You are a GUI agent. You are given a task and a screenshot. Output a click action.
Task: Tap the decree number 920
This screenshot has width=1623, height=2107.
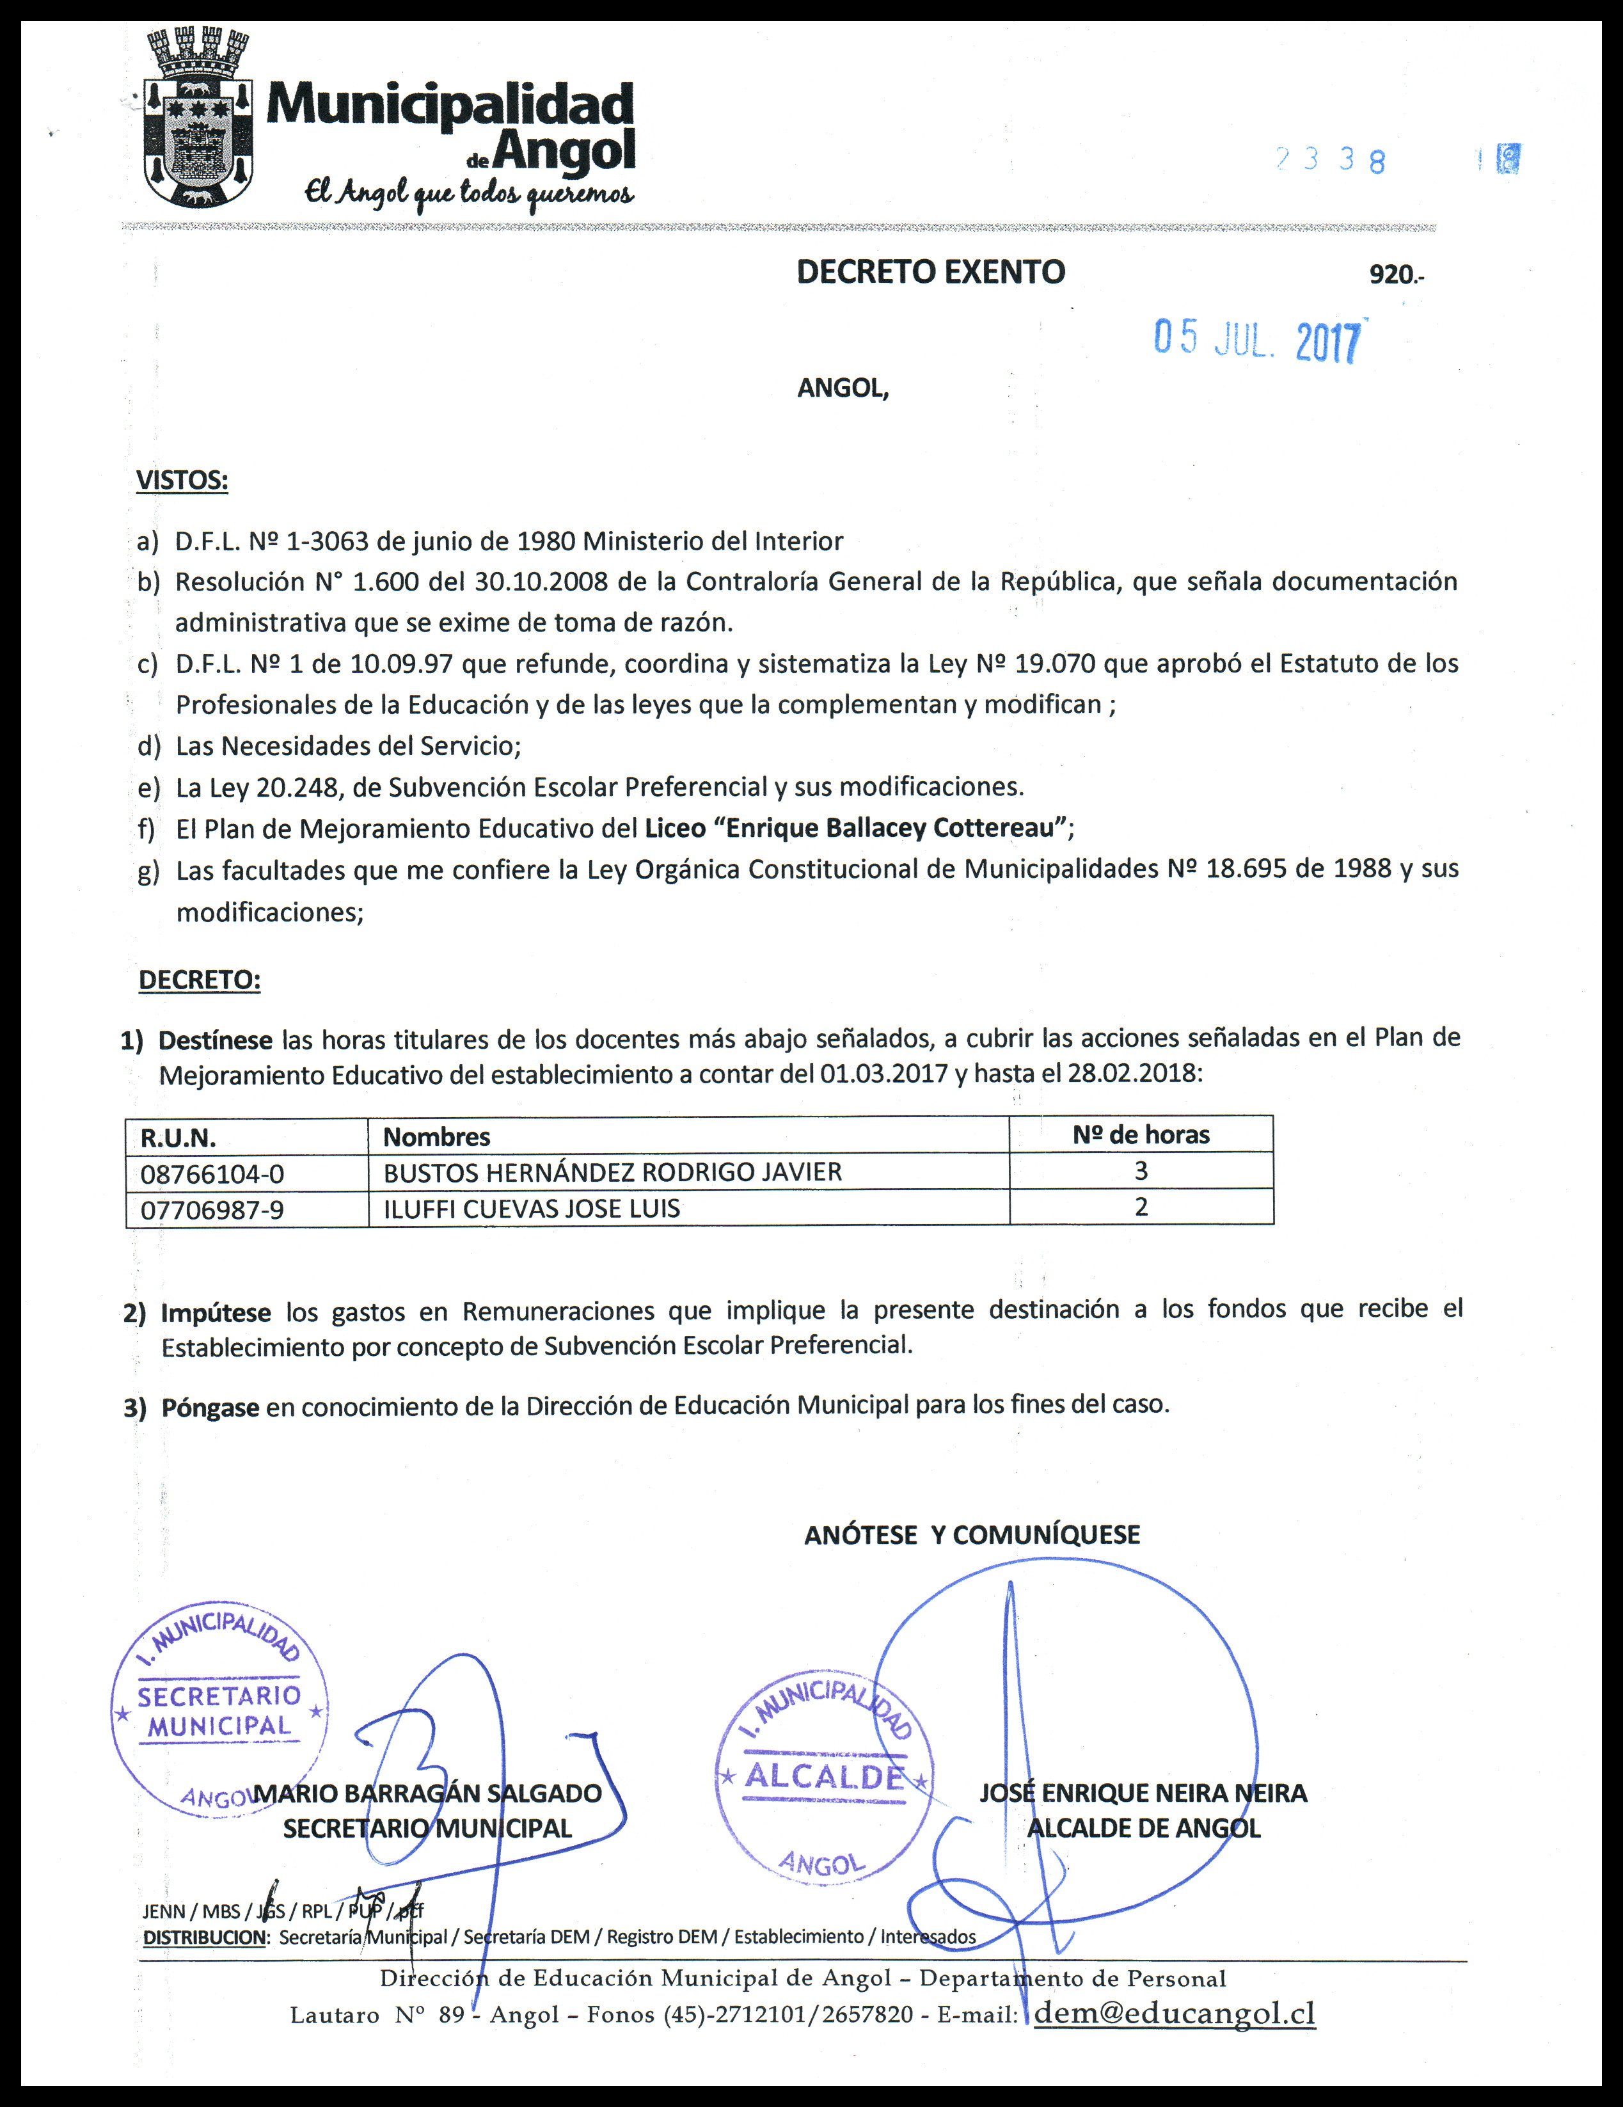coord(1393,275)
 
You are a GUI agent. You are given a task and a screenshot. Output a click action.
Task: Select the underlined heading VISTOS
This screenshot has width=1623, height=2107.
coord(182,481)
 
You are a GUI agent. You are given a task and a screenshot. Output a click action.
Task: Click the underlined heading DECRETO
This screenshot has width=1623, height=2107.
coord(200,980)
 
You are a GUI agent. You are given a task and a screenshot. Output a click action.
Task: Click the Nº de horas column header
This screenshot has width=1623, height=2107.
coord(1141,1134)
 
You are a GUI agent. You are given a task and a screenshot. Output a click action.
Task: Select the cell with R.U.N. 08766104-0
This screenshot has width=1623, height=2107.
coord(212,1173)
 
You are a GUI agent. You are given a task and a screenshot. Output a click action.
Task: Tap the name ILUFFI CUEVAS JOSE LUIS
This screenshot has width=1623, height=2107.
coord(532,1209)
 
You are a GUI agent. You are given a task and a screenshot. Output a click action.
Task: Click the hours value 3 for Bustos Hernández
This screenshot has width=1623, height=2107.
coord(1141,1171)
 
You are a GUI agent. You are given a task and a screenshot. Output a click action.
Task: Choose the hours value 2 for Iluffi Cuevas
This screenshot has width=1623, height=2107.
coord(1141,1207)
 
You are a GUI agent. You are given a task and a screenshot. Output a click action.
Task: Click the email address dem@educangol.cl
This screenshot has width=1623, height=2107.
coord(1174,2014)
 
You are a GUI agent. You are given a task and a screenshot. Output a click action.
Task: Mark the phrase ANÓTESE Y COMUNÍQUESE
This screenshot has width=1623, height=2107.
coord(972,1535)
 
